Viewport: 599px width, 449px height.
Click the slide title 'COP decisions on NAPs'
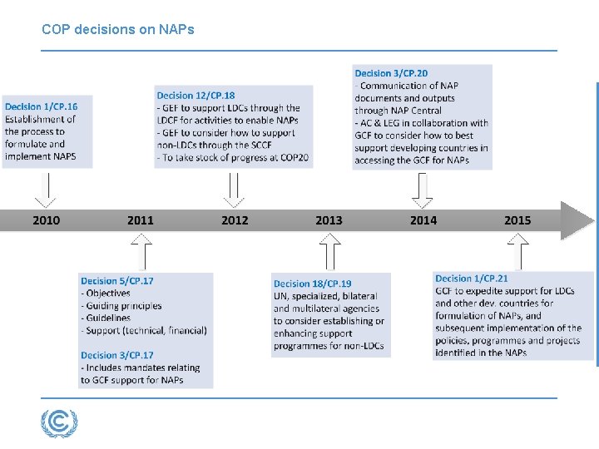coord(117,29)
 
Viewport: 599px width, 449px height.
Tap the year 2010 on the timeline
coord(47,220)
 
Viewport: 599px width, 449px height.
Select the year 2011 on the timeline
coord(141,220)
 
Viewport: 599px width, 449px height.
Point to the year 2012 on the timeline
coord(235,220)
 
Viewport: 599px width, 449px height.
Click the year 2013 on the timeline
coord(329,220)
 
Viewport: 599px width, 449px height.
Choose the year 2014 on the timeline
coord(423,220)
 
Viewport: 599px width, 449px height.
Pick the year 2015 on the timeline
coord(517,220)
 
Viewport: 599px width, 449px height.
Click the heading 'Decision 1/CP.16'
coord(41,107)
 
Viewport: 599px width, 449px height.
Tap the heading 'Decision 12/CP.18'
coord(196,96)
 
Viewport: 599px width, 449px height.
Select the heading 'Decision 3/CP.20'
coord(391,73)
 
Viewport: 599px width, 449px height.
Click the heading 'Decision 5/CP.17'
coord(117,281)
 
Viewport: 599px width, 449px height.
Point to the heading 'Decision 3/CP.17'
coord(117,355)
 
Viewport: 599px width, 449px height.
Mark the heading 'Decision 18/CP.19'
coord(313,284)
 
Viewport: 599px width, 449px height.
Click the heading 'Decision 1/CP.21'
coord(472,279)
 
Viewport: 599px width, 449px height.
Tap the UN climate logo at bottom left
coord(59,423)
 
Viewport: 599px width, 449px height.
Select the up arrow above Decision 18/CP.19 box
coord(330,251)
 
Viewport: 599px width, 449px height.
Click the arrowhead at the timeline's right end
coord(578,220)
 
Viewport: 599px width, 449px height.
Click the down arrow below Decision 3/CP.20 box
coord(423,189)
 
